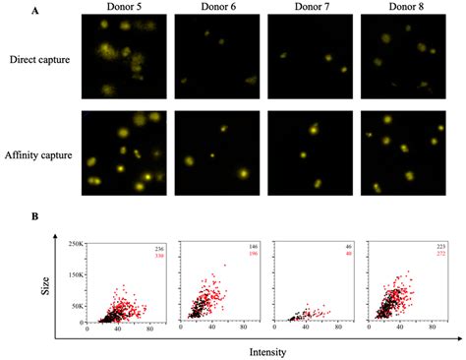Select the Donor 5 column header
coord(119,8)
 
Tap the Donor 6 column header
coord(212,8)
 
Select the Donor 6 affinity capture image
coord(212,153)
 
